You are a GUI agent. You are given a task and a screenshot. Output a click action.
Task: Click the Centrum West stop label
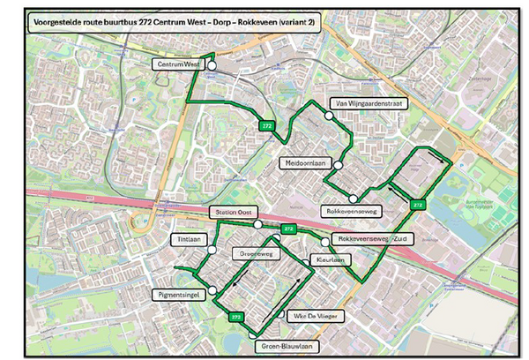(x=179, y=64)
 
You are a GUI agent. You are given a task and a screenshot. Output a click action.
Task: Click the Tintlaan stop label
(x=184, y=240)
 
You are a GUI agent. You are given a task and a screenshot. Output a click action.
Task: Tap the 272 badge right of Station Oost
(x=287, y=229)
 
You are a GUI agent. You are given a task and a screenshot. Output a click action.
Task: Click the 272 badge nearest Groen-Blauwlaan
(x=235, y=316)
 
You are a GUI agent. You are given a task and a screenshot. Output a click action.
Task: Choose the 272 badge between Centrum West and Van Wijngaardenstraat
(x=265, y=126)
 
